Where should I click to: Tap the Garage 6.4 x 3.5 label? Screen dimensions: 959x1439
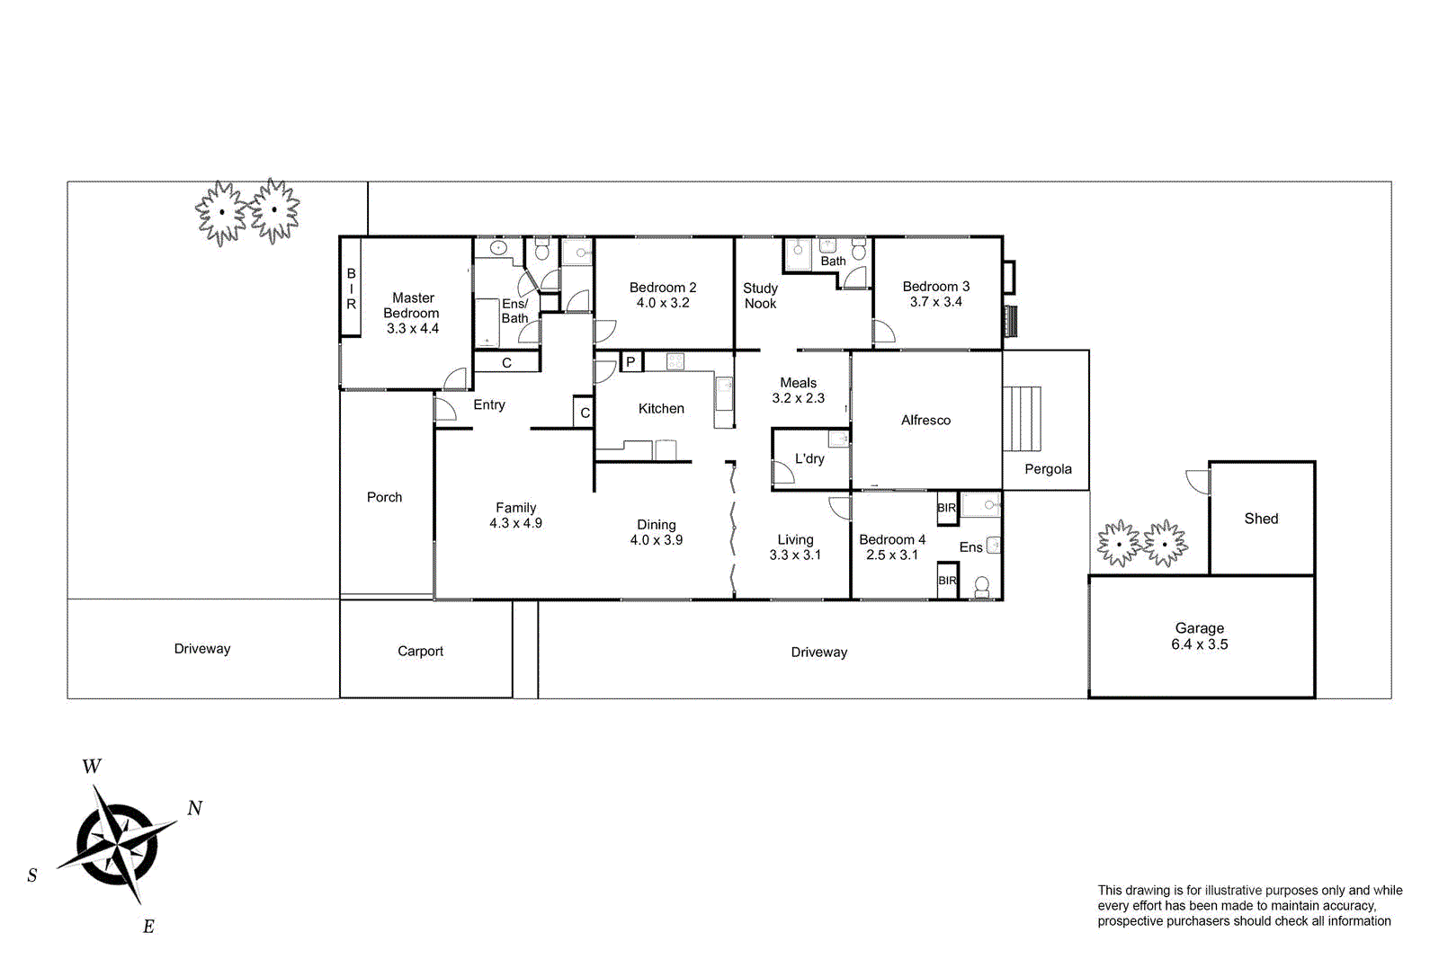[1199, 636]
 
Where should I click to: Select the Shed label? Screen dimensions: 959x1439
[1261, 519]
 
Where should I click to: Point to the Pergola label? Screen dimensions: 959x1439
[1048, 469]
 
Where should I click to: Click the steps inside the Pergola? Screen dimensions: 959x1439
[1022, 419]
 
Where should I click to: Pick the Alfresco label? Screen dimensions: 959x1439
[925, 420]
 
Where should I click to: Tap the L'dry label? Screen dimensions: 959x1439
[809, 458]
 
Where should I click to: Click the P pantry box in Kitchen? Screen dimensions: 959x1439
[630, 362]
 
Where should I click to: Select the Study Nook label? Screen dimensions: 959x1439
[760, 296]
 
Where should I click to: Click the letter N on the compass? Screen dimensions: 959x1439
[195, 808]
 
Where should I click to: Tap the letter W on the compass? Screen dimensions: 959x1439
[92, 767]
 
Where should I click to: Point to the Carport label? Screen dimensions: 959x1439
[420, 651]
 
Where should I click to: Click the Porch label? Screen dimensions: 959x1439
[384, 497]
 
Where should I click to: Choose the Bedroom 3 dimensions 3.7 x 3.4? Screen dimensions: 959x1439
[935, 302]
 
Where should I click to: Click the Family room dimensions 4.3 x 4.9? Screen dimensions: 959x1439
[515, 523]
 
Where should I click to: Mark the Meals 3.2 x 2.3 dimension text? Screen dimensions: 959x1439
[798, 398]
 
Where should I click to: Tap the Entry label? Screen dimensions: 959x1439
[489, 405]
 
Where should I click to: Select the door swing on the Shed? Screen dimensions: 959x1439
[1198, 482]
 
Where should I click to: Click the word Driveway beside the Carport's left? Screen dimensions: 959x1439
[202, 649]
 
